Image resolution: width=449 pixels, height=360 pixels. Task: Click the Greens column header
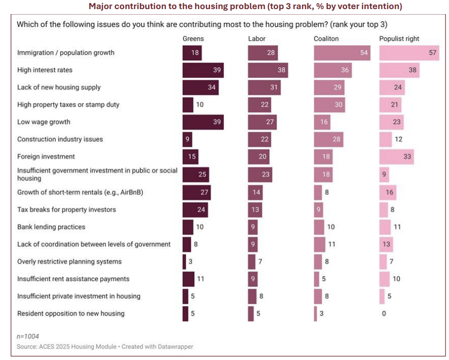pyautogui.click(x=193, y=39)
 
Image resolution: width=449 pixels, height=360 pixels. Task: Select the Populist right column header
pyautogui.click(x=399, y=39)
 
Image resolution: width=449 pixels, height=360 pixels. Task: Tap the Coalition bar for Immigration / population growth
pyautogui.click(x=341, y=53)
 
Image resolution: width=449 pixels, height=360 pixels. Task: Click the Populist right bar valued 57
pyautogui.click(x=409, y=53)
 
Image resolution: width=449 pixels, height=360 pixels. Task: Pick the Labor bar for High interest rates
pyautogui.click(x=268, y=70)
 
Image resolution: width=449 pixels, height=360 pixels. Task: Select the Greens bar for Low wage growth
pyautogui.click(x=203, y=122)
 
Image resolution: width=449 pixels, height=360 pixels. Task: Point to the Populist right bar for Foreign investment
pyautogui.click(x=396, y=157)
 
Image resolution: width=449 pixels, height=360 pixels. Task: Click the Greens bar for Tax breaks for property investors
pyautogui.click(x=195, y=210)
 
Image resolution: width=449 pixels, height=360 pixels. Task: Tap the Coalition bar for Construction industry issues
pyautogui.click(x=328, y=139)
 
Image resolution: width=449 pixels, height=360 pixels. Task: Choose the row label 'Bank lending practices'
pyautogui.click(x=51, y=227)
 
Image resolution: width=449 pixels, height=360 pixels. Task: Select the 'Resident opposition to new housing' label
pyautogui.click(x=71, y=314)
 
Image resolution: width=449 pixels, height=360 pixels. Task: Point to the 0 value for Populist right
pyautogui.click(x=384, y=314)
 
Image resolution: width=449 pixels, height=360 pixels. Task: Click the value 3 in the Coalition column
pyautogui.click(x=322, y=314)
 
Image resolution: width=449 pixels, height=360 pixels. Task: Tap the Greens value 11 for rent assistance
pyautogui.click(x=200, y=279)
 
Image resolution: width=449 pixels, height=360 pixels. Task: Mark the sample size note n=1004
pyautogui.click(x=28, y=336)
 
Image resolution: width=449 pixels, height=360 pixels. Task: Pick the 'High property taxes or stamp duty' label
pyautogui.click(x=68, y=105)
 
